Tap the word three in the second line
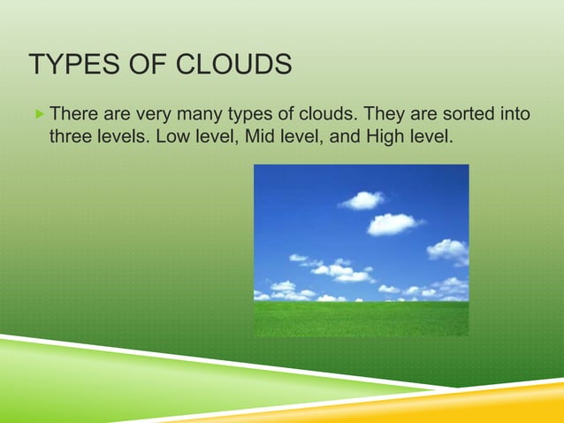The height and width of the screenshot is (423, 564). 72,136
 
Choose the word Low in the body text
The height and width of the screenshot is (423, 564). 171,136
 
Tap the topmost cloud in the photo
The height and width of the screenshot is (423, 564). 362,200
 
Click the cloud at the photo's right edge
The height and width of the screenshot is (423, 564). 449,250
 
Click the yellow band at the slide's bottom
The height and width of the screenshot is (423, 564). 495,411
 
